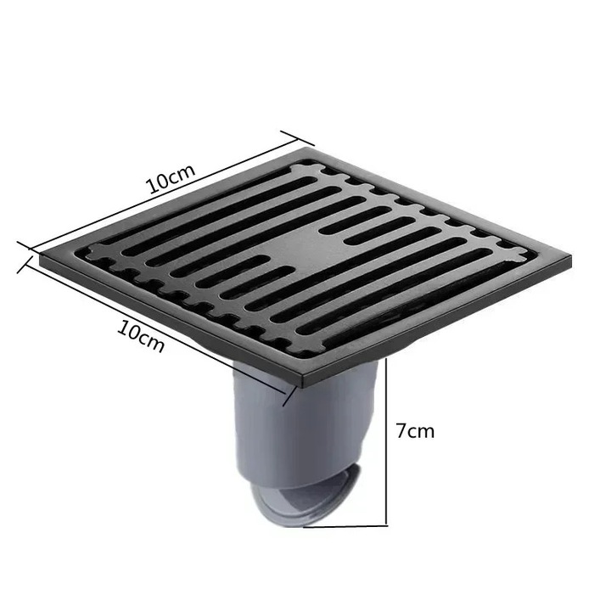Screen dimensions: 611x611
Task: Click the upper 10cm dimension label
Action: [171, 181]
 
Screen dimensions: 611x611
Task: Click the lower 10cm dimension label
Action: [141, 336]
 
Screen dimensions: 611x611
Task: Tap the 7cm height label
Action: [415, 430]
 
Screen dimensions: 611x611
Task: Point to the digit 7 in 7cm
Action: [401, 430]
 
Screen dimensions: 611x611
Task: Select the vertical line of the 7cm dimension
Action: [388, 441]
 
